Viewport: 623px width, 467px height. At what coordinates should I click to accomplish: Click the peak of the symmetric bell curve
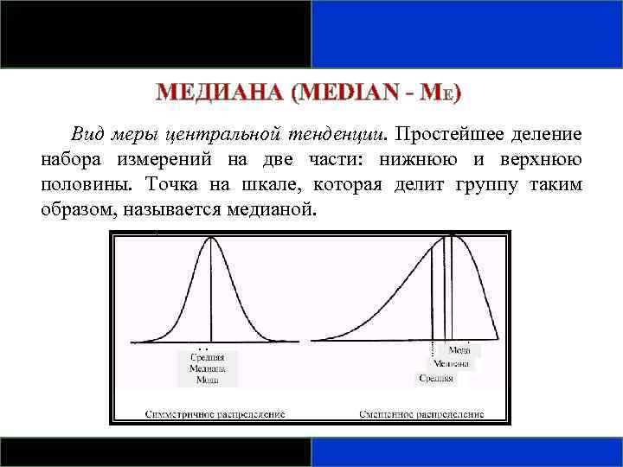[209, 239]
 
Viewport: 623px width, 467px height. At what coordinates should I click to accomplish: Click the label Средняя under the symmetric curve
[207, 357]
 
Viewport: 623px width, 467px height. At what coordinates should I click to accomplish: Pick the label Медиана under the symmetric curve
[207, 368]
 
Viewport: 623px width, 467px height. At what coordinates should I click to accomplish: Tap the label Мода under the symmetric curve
[207, 380]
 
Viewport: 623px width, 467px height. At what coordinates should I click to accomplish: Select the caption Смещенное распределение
[421, 413]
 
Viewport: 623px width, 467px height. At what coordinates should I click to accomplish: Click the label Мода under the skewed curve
[459, 350]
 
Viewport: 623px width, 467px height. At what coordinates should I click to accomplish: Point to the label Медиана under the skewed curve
[452, 364]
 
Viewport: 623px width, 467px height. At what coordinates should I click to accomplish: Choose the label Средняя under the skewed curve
[436, 378]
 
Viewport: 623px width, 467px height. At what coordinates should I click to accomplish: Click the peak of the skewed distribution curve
[452, 236]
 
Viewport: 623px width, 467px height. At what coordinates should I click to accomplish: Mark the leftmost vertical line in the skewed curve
[432, 294]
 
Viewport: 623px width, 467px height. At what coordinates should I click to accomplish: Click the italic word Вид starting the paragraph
[87, 136]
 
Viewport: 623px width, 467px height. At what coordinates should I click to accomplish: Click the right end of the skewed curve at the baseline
[499, 339]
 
